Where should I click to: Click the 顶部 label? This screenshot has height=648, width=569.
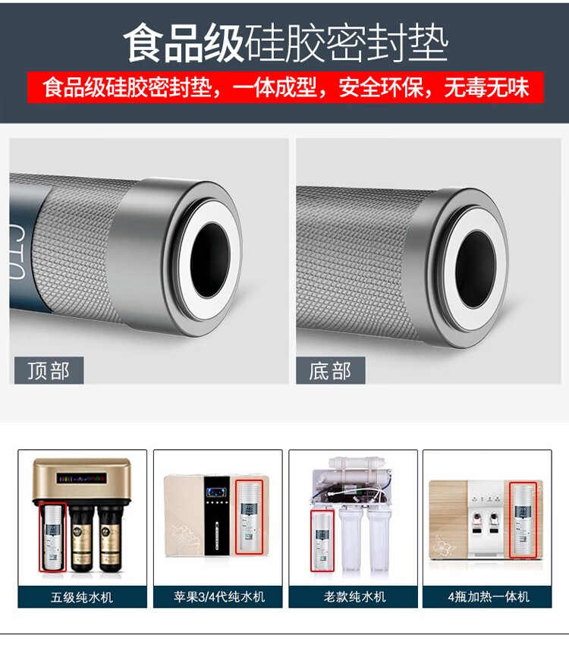coord(49,370)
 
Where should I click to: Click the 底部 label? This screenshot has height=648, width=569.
coord(330,370)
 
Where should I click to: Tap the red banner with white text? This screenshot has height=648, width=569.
coord(285,87)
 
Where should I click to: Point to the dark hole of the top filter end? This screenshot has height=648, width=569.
coord(210,259)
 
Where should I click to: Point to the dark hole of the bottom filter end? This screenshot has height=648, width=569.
coord(476,269)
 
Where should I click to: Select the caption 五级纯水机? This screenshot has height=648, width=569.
coord(82,597)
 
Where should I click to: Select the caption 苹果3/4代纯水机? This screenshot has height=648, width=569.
coord(218,596)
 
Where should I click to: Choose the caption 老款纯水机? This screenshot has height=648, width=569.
coord(354,596)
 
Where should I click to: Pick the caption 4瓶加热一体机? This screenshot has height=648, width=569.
coord(489,596)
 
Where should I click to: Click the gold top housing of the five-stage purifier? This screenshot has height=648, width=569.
coord(82,480)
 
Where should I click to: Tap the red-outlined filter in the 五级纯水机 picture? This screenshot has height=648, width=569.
coord(52,536)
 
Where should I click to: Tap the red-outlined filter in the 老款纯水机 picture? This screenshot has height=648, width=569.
coord(322,540)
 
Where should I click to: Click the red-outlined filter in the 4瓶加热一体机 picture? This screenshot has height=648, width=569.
coord(523,520)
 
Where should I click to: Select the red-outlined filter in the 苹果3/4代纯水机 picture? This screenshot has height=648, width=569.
coord(249,517)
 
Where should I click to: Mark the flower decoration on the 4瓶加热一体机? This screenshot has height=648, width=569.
coord(443,545)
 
